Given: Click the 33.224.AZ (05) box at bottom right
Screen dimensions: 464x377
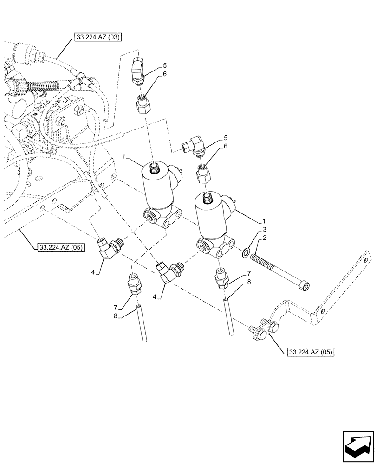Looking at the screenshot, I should [310, 351].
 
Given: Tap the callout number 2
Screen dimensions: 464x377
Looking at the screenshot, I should [264, 238].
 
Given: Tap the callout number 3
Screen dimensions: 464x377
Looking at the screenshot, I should [264, 230].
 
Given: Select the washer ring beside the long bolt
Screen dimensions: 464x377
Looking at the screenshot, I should [244, 253].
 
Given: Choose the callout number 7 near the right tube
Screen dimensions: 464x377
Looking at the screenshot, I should [249, 275].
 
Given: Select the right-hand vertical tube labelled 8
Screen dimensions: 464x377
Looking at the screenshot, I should [227, 316].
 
